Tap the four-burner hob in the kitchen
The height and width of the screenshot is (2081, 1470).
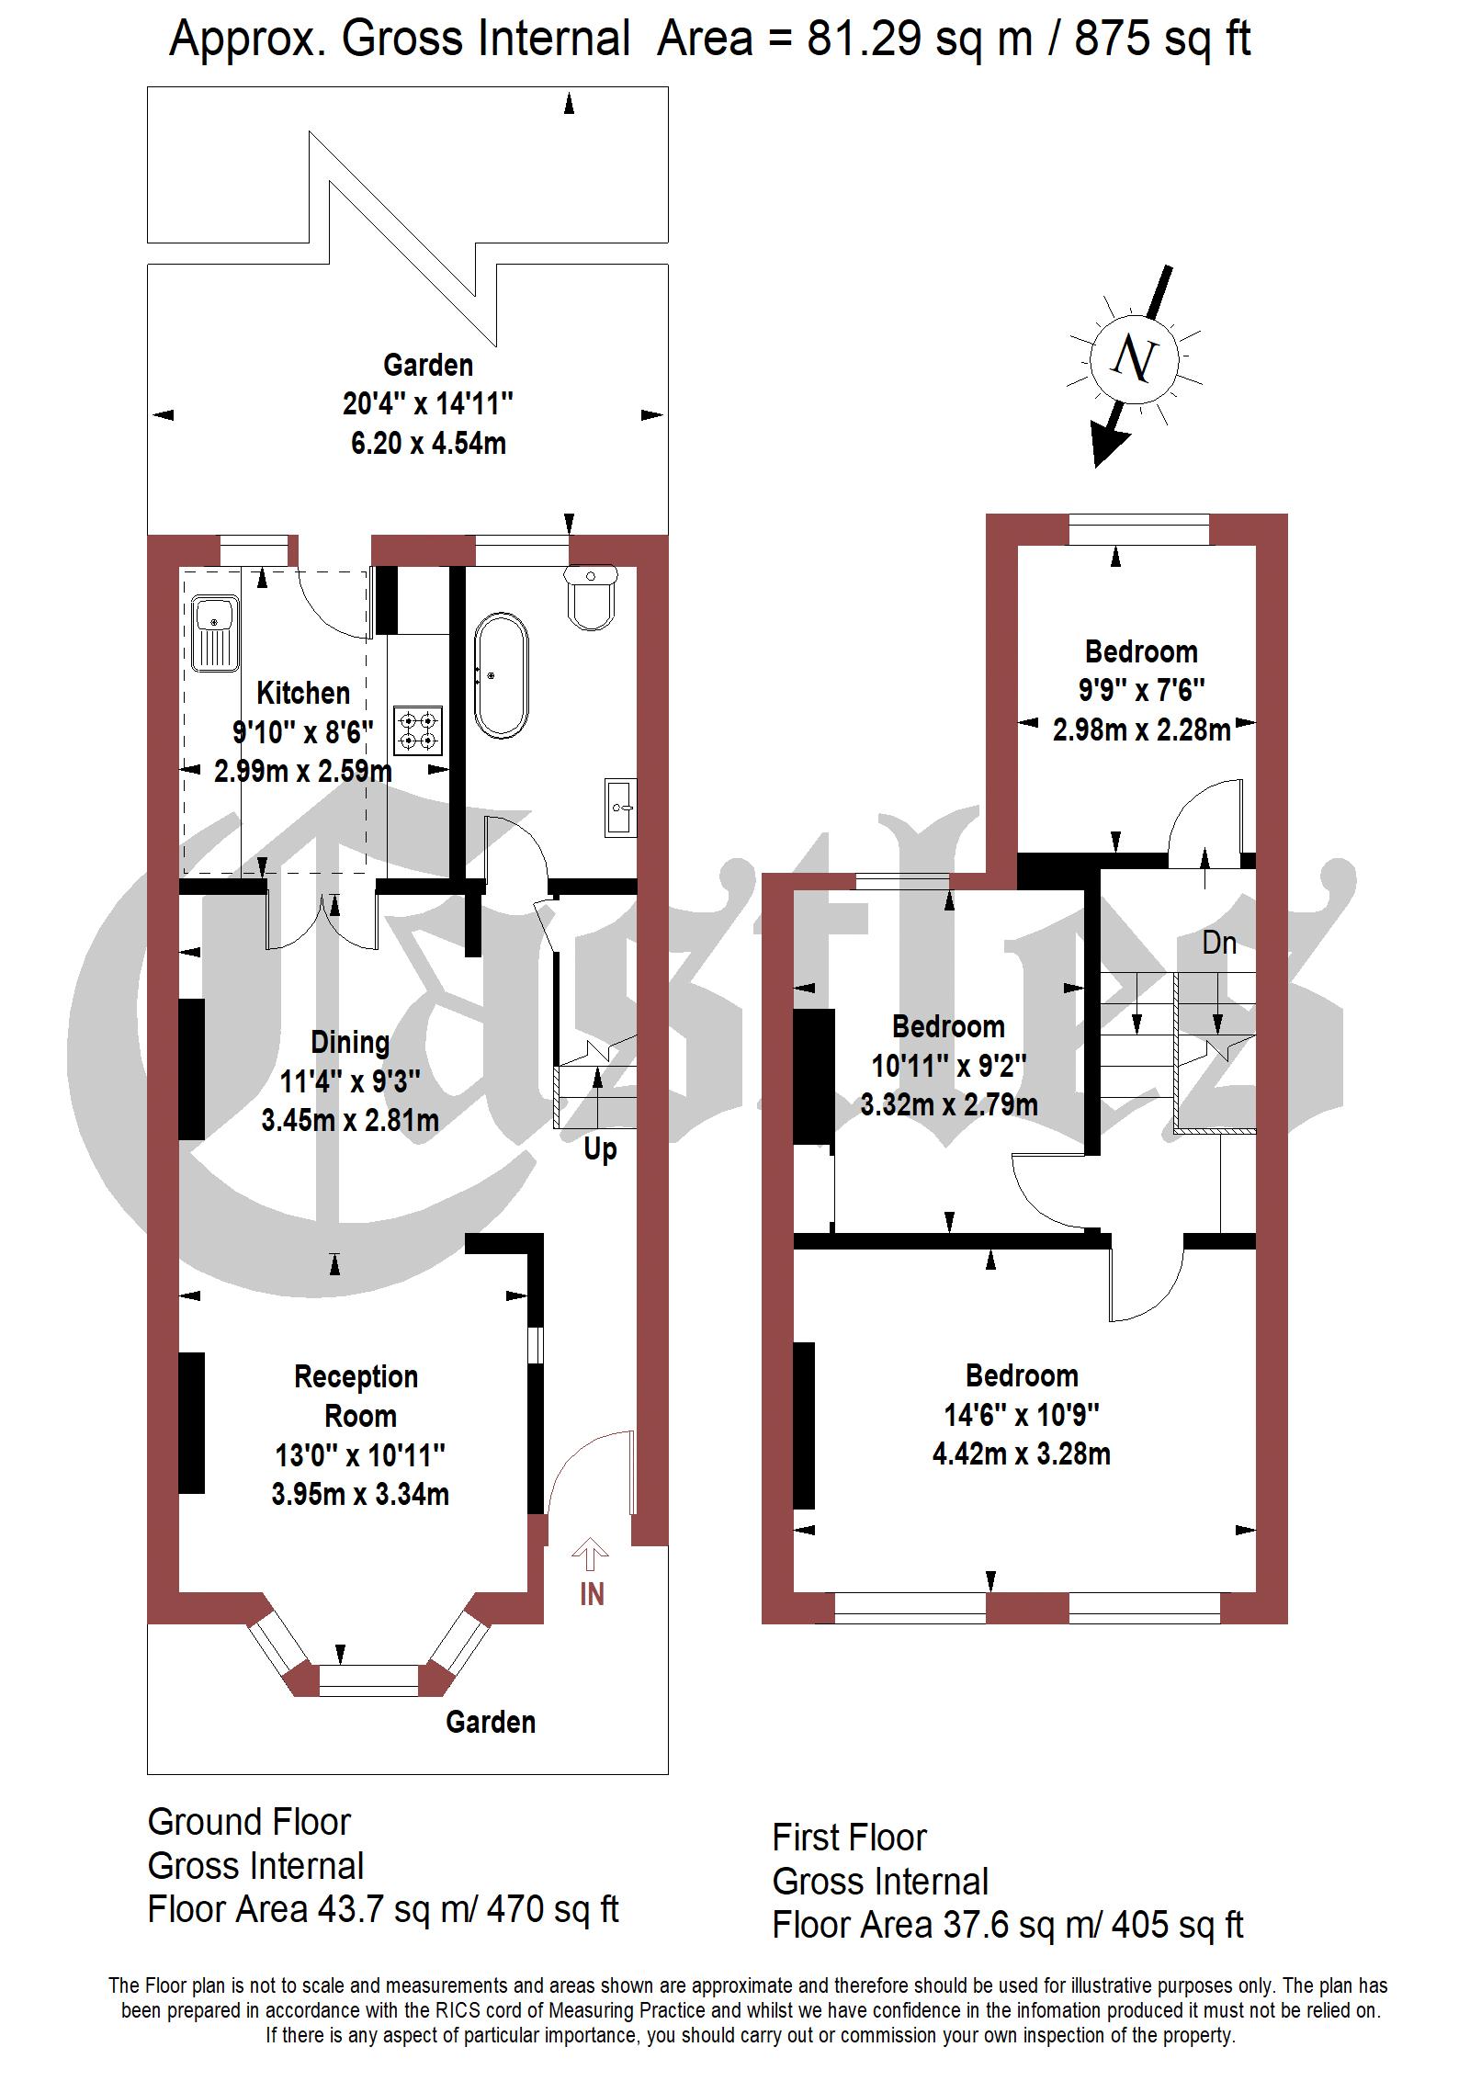coord(418,730)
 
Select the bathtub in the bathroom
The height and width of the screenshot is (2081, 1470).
coord(502,676)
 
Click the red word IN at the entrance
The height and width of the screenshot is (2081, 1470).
coord(592,1594)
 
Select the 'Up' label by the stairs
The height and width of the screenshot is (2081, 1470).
coord(600,1150)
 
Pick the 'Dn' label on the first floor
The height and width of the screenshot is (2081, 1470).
coord(1219,943)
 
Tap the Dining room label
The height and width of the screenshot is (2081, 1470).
coord(350,1043)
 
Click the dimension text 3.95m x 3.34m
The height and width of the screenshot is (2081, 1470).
coord(360,1495)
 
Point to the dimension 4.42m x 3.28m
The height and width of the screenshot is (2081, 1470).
coord(1022,1454)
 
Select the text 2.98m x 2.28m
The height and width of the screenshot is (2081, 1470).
coord(1141,730)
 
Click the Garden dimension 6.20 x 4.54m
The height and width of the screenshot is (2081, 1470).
coord(428,444)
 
